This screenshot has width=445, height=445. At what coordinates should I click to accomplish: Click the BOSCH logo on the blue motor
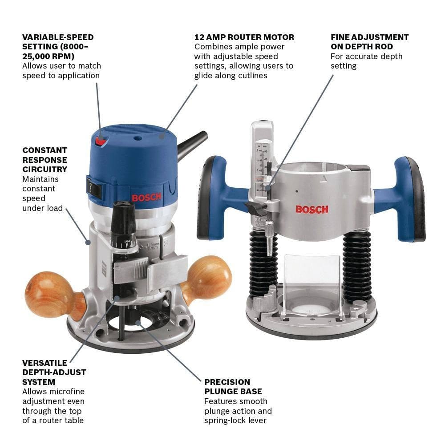click(146, 197)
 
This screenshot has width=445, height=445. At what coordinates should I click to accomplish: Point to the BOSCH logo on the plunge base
click(312, 209)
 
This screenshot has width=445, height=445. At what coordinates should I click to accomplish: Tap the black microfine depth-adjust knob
click(123, 222)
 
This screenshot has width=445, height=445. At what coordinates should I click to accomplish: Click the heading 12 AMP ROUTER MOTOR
click(244, 37)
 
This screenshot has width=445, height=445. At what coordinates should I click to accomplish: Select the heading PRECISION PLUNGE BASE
click(227, 387)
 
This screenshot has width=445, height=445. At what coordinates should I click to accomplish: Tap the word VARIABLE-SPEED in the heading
click(58, 37)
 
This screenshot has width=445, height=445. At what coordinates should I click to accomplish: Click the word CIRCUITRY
click(44, 170)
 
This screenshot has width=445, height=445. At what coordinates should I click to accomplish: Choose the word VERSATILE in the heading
click(44, 363)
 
